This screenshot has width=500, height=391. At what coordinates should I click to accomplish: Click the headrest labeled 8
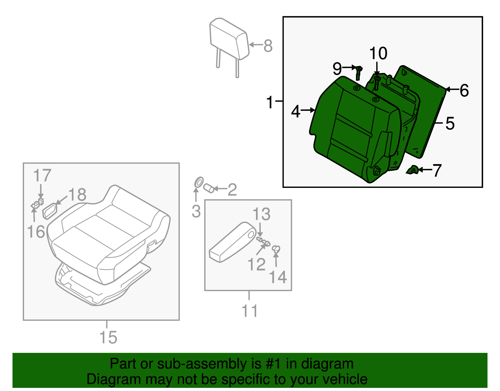pos(229,38)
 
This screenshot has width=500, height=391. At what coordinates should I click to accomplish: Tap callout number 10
pos(378,54)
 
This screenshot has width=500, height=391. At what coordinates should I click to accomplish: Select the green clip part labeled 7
pos(412,170)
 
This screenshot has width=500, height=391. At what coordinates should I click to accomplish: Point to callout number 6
pos(464,90)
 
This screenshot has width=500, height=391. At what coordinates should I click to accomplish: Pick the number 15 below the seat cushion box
pos(108,337)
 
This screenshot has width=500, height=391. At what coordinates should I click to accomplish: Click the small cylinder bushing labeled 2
pos(209,188)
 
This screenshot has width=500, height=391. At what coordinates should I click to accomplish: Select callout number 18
pos(77,195)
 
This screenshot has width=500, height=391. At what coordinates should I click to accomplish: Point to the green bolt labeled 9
pos(358,72)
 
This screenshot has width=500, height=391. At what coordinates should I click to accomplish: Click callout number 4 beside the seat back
pos(296,111)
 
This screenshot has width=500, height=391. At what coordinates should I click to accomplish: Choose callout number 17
pos(42,175)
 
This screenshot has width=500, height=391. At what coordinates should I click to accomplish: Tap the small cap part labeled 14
pos(276,249)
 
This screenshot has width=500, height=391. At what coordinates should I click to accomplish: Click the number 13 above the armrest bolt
pos(261,214)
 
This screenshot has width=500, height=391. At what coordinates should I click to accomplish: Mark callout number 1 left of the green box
pos(270,102)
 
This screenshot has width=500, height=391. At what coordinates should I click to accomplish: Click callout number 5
pos(450,123)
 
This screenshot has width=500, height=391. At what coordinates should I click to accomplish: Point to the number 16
pos(36,232)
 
